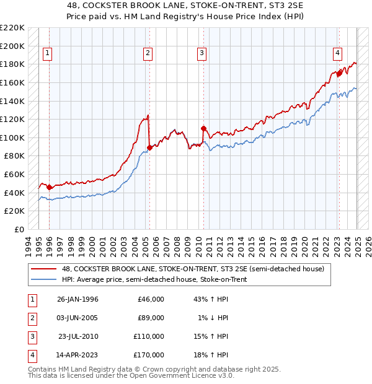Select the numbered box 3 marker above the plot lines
pyautogui.click(x=202, y=54)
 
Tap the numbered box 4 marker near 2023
pyautogui.click(x=338, y=54)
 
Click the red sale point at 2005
pyautogui.click(x=149, y=147)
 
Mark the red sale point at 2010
pyautogui.click(x=204, y=128)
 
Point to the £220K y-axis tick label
pyautogui.click(x=12, y=28)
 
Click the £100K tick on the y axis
pyautogui.click(x=12, y=137)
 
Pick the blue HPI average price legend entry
pyautogui.click(x=154, y=280)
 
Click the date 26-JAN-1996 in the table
pyautogui.click(x=77, y=299)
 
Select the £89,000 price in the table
pyautogui.click(x=151, y=318)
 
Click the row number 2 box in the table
pyautogui.click(x=31, y=318)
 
